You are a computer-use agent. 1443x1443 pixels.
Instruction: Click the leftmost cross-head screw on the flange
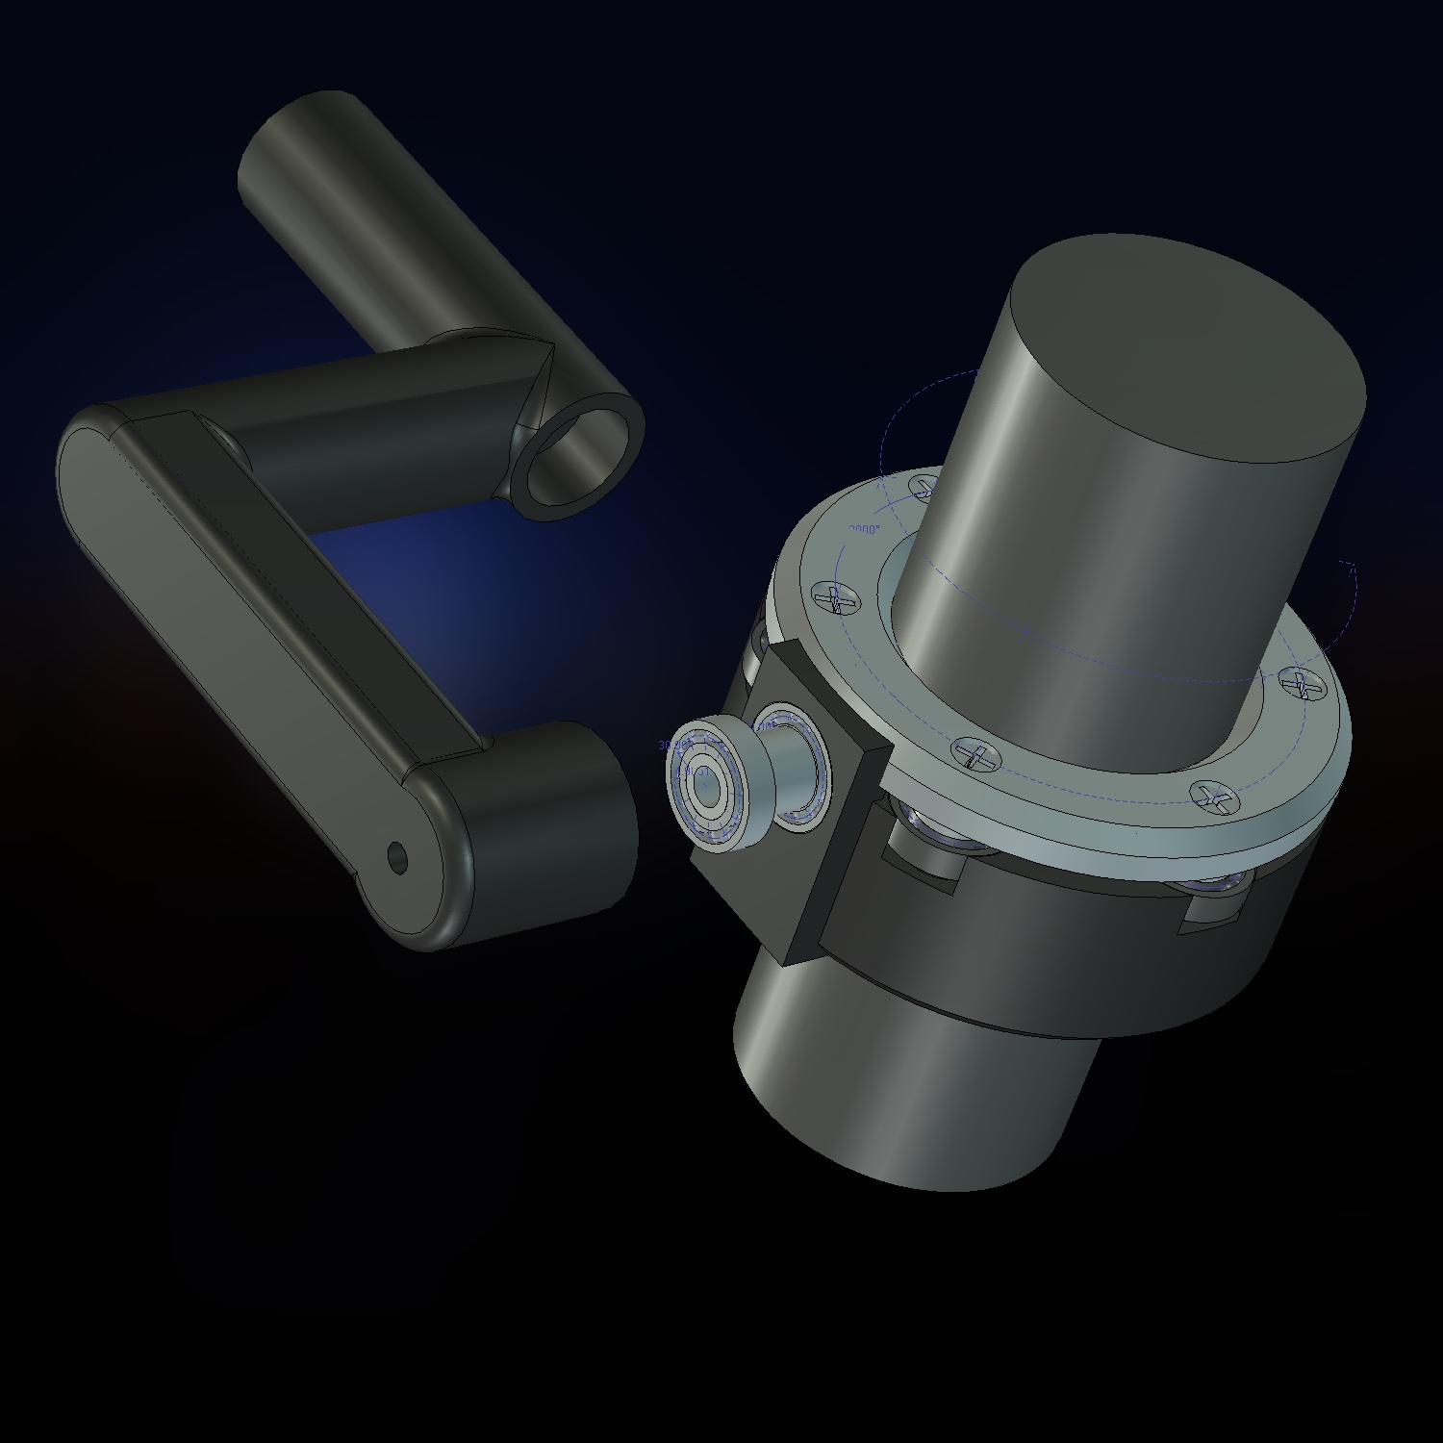click(835, 599)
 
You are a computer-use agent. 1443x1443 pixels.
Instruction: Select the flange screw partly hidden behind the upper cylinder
click(924, 484)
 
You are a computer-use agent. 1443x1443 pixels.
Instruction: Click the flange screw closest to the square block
click(974, 755)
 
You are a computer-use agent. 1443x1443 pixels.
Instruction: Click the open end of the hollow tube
click(580, 456)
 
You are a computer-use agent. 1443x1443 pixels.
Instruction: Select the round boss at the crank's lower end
click(539, 827)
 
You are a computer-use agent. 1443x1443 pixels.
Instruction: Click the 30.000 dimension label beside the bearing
click(671, 746)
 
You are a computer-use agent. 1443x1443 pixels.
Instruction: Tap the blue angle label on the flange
click(865, 530)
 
